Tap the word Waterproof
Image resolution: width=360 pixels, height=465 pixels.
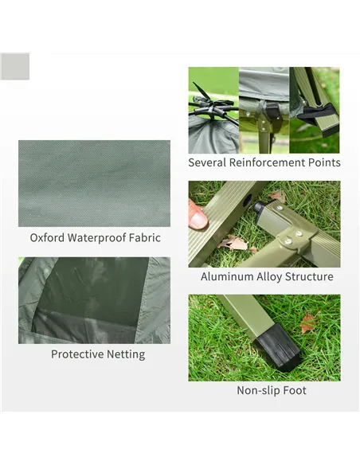tap(97, 237)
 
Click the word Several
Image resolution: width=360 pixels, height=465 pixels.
tap(207, 162)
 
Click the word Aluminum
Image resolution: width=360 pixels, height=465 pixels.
tap(228, 277)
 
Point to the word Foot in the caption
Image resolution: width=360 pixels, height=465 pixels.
tap(293, 390)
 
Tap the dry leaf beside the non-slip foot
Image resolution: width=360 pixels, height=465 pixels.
tap(308, 322)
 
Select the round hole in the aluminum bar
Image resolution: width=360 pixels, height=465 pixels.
tap(246, 196)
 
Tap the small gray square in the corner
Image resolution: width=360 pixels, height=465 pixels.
tap(14, 65)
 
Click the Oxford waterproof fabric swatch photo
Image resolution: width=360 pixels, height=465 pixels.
tap(94, 183)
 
